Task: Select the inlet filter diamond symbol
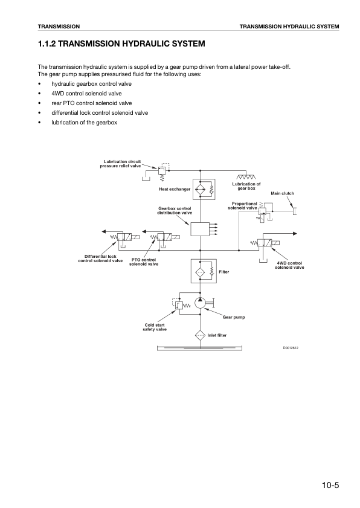tap(200, 335)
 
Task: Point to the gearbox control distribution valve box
tap(199, 230)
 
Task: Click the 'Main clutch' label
tap(282, 193)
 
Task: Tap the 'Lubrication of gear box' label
tap(246, 186)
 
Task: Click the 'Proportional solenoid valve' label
tap(243, 206)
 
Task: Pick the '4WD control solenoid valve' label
tap(289, 265)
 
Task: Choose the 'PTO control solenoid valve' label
tap(144, 262)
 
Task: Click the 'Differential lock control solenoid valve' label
tap(101, 259)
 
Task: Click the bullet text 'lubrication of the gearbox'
tap(84, 123)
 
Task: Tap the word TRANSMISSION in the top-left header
tap(59, 27)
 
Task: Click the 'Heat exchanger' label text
tap(175, 189)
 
